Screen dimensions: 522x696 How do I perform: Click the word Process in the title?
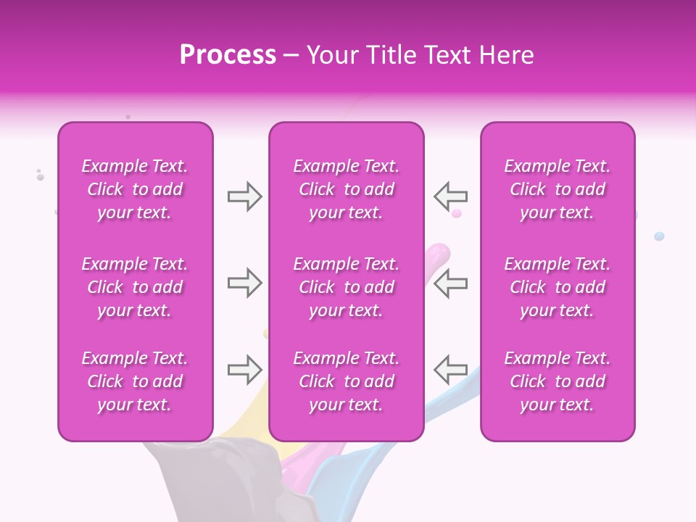[228, 55]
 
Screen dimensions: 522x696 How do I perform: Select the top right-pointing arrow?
[244, 196]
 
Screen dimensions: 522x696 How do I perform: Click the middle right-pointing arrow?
[244, 283]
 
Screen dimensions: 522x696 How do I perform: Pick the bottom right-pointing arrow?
[244, 370]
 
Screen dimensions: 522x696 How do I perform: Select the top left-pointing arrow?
[450, 196]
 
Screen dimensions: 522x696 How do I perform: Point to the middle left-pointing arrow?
[450, 283]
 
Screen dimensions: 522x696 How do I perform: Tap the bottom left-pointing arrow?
[450, 370]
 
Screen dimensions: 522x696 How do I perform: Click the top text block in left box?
[135, 189]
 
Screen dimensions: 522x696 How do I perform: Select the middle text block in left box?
[135, 287]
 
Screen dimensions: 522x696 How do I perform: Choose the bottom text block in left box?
[135, 381]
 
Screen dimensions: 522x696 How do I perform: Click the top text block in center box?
[346, 189]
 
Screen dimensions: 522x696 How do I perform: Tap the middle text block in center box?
[346, 287]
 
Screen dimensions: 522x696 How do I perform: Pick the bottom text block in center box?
[346, 381]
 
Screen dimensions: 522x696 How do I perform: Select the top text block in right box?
[558, 189]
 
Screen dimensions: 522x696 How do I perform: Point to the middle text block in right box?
[558, 287]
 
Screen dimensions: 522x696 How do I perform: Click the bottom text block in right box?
[558, 381]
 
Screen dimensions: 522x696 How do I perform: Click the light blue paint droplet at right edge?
[659, 236]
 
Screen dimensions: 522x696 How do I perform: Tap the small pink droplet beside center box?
[457, 213]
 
